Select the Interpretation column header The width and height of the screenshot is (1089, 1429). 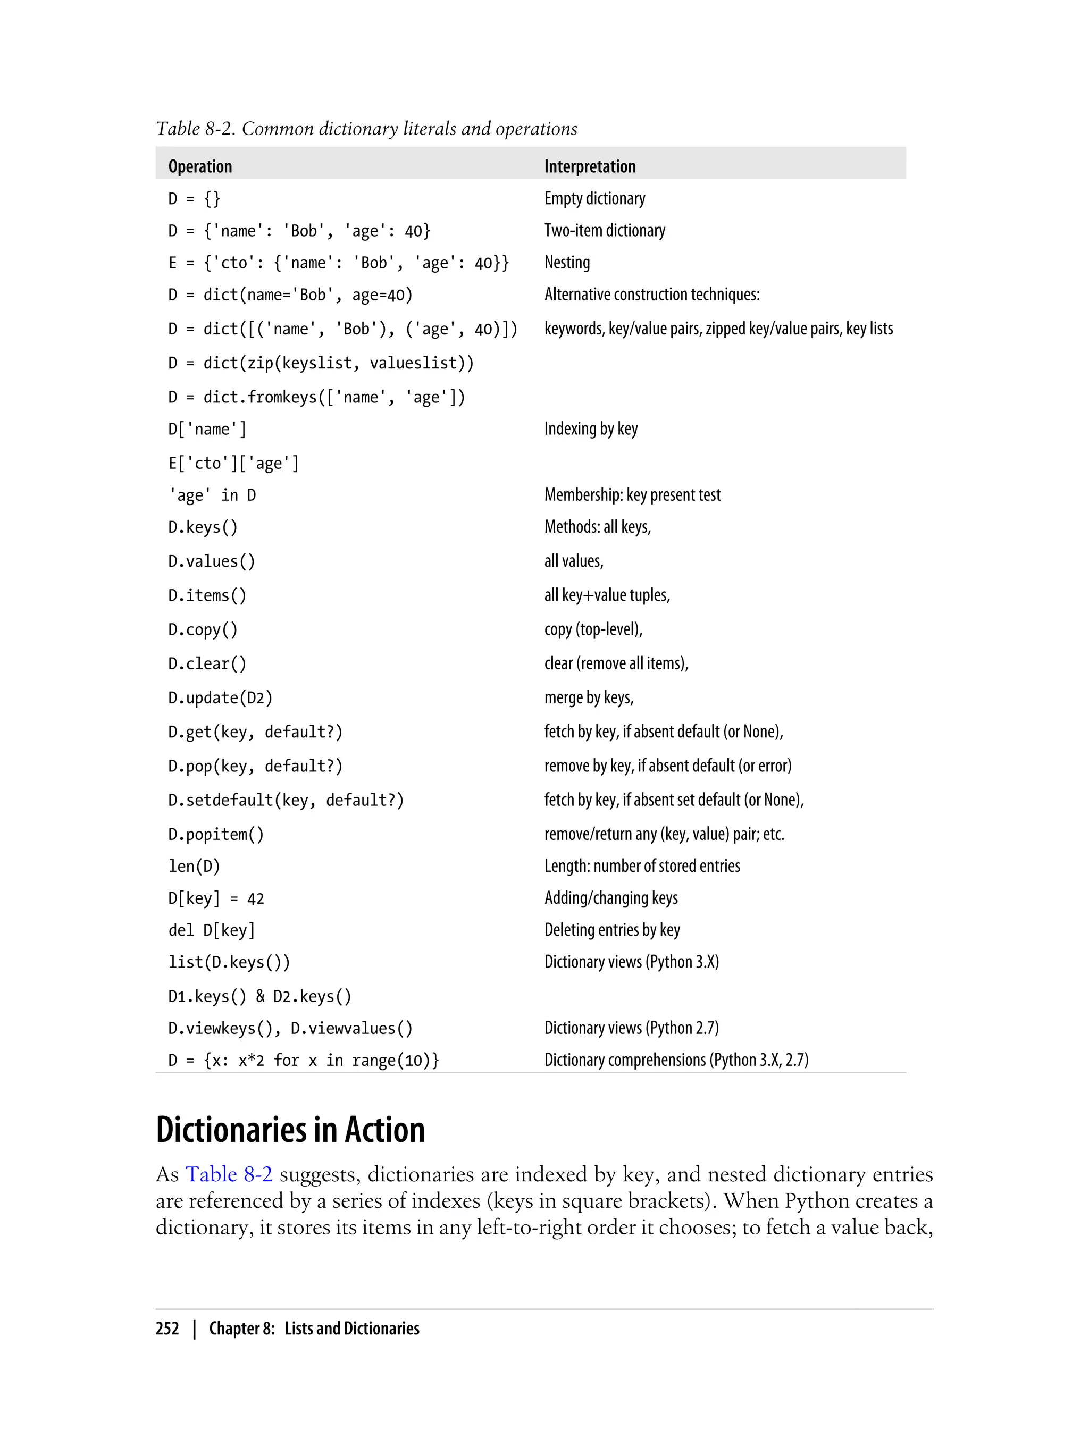pos(590,166)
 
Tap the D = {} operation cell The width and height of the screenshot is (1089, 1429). pos(195,198)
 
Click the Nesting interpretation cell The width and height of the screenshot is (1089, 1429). pos(567,263)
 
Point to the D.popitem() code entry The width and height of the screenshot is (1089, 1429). pos(216,834)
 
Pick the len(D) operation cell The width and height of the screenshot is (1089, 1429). pos(195,867)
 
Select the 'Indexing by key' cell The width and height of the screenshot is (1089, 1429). pos(591,429)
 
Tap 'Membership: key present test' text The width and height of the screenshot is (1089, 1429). pos(633,495)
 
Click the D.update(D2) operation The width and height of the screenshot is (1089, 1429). pos(220,698)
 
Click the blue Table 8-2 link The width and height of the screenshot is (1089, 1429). pos(229,1174)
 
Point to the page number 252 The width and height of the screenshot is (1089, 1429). pos(167,1329)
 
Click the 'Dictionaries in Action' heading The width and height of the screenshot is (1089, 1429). pos(290,1130)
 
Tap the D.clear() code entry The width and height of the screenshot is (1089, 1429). pos(207,663)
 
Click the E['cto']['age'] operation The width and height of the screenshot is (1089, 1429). pos(234,464)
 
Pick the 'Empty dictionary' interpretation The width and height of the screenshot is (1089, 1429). pos(595,198)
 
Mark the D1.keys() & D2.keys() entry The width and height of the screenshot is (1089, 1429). pos(260,997)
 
